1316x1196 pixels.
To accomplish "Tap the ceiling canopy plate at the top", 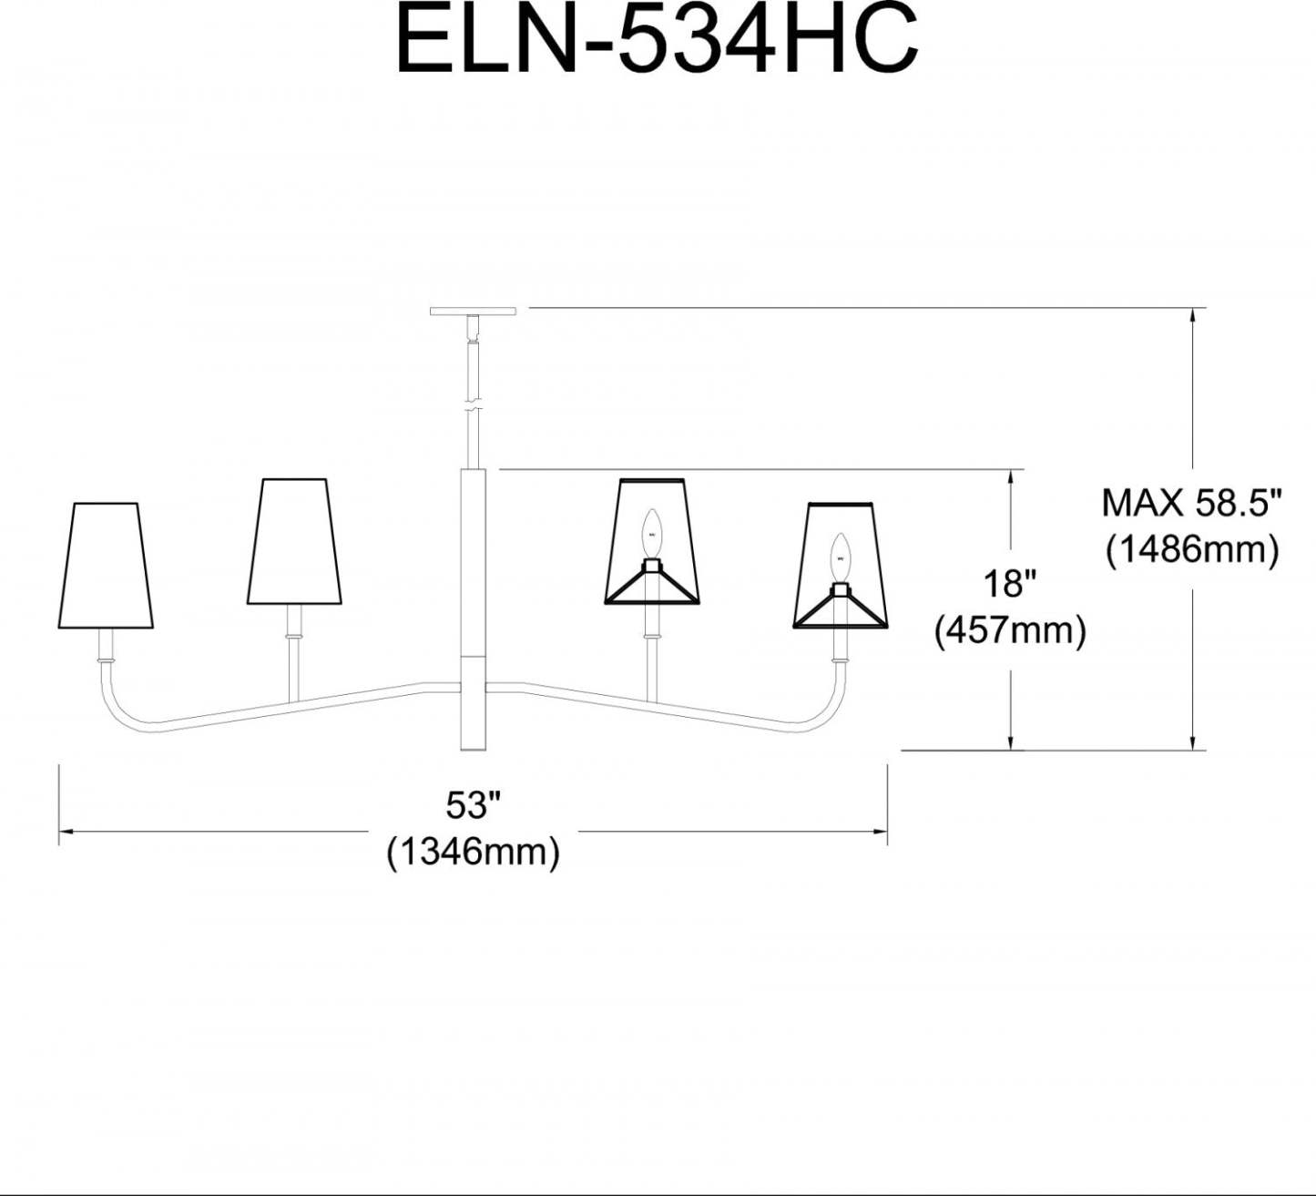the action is coord(473,312).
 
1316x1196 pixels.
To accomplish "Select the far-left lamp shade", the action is coord(106,566).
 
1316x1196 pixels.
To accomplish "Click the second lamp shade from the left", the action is coord(294,542).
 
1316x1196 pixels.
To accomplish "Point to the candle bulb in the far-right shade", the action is coord(841,558).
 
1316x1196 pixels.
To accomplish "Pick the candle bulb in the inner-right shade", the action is coord(651,534).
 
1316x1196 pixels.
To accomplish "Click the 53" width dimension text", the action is coord(474,805).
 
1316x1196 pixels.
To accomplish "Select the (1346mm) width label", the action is coord(474,854).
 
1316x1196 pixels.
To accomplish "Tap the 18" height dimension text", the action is coord(1010,583).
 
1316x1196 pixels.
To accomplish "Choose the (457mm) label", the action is coord(1010,631).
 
